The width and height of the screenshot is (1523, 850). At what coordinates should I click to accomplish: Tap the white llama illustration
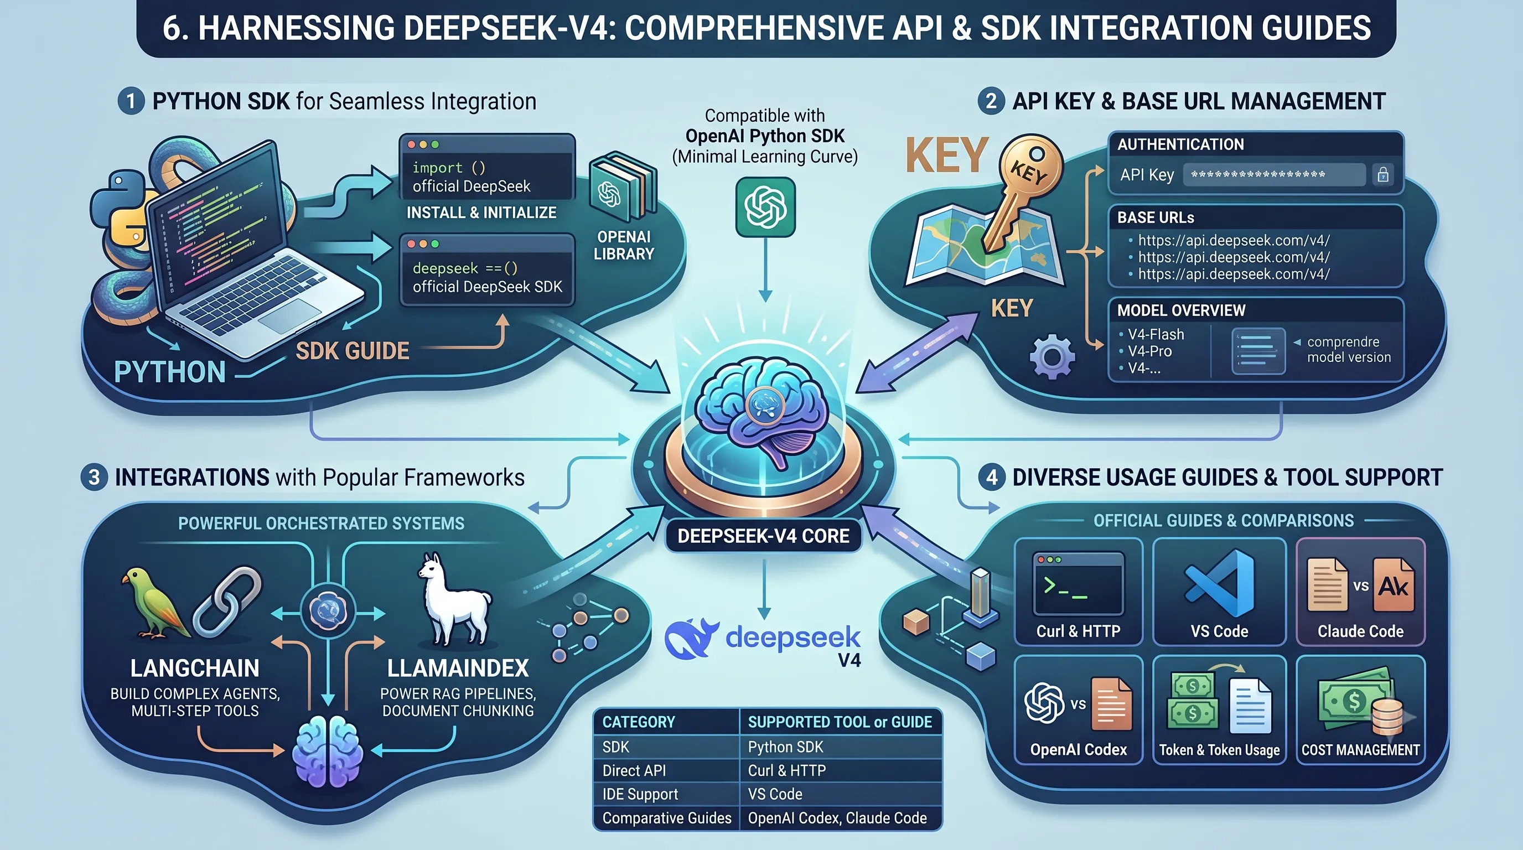click(x=454, y=599)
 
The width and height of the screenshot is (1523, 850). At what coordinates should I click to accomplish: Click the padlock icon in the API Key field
click(x=1383, y=174)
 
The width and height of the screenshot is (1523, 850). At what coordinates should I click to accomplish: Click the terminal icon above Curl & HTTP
click(x=1079, y=583)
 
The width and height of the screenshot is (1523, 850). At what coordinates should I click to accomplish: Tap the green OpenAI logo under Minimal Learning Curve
click(x=765, y=207)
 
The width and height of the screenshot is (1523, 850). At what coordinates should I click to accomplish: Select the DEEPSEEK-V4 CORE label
click(x=763, y=536)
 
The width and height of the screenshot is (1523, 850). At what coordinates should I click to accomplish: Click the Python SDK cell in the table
click(x=785, y=747)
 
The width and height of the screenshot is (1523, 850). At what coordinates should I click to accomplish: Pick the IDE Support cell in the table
click(x=640, y=795)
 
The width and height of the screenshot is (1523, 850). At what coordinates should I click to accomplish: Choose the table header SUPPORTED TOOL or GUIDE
click(x=840, y=722)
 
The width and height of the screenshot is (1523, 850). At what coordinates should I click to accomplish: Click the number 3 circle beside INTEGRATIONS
click(x=94, y=477)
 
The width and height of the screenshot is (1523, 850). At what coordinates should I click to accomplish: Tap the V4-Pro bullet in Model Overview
click(x=1149, y=351)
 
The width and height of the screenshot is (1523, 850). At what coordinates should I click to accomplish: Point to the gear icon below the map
click(x=1052, y=356)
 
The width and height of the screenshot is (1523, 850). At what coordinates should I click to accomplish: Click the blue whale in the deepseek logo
click(x=692, y=639)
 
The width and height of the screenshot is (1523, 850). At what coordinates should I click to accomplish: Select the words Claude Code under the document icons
click(x=1360, y=631)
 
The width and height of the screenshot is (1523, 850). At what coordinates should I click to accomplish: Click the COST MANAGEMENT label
click(x=1360, y=750)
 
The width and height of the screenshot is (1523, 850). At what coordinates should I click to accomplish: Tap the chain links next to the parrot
click(x=227, y=602)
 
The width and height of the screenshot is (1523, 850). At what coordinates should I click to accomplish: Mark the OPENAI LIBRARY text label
click(x=624, y=245)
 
